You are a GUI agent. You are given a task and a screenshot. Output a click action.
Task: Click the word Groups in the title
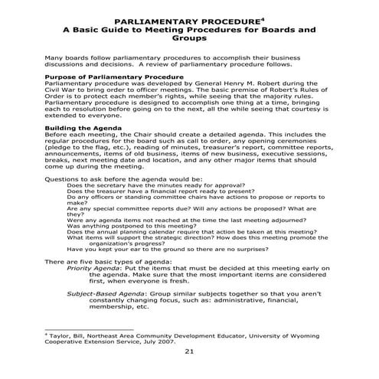point(189,37)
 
